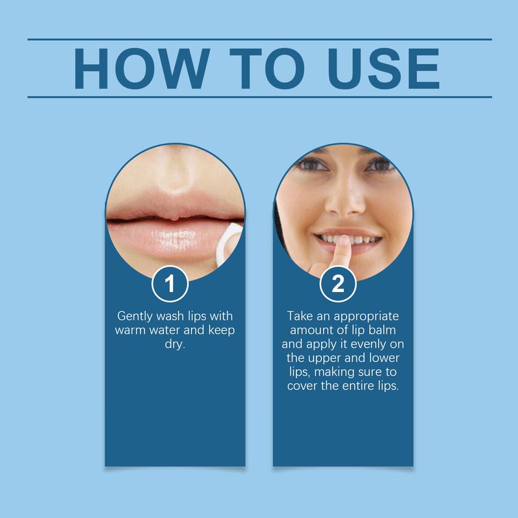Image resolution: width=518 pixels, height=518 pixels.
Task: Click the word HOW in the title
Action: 141,68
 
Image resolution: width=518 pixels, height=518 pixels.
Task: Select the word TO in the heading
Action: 262,68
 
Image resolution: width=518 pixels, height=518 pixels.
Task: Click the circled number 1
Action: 171,284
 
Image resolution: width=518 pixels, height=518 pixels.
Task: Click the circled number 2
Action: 338,284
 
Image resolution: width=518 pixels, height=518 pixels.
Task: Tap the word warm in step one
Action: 133,331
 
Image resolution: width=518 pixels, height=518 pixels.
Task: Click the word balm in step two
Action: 387,331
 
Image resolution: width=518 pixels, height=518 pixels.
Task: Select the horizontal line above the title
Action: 259,39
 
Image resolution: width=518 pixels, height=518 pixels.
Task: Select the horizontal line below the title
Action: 259,97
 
